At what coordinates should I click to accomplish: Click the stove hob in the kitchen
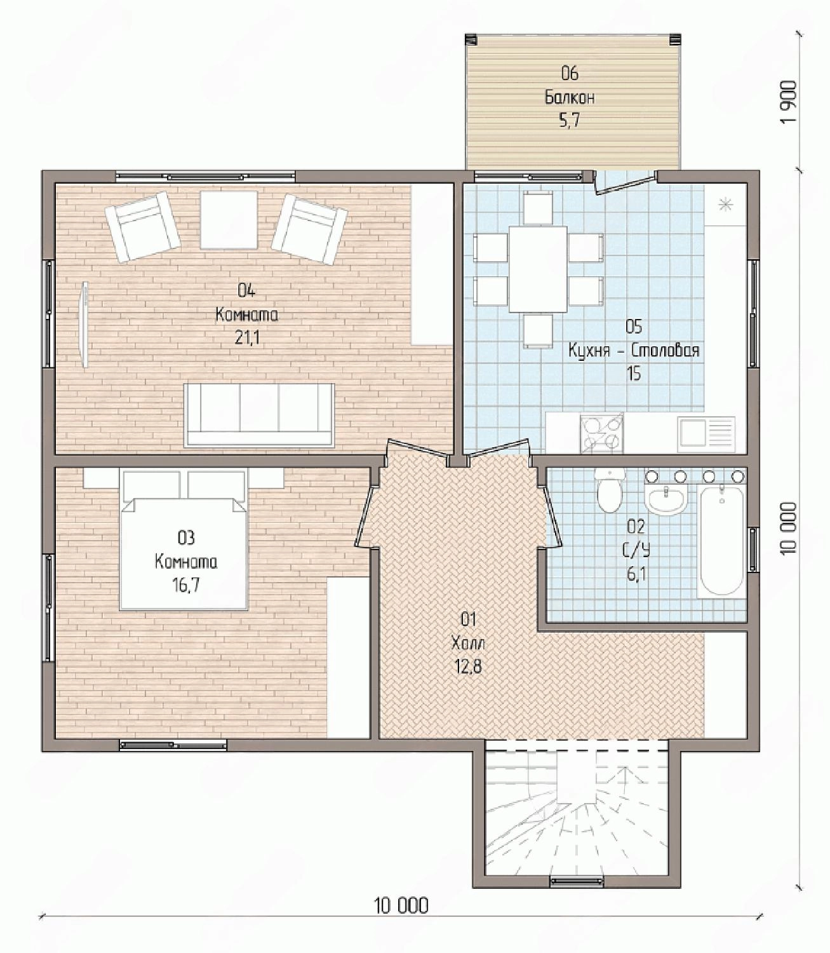pos(601,433)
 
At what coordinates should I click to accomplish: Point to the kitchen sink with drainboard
pos(707,432)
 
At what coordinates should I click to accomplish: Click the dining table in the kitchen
pos(538,269)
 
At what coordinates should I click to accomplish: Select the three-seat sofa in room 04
pos(259,416)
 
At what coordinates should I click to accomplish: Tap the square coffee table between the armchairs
pos(229,220)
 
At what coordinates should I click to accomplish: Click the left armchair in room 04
pos(142,227)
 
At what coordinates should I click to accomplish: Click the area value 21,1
pos(247,339)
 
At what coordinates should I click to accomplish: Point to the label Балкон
pos(570,98)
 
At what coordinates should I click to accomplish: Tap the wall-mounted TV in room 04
pos(84,325)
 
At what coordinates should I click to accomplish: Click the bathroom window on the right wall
pos(753,549)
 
